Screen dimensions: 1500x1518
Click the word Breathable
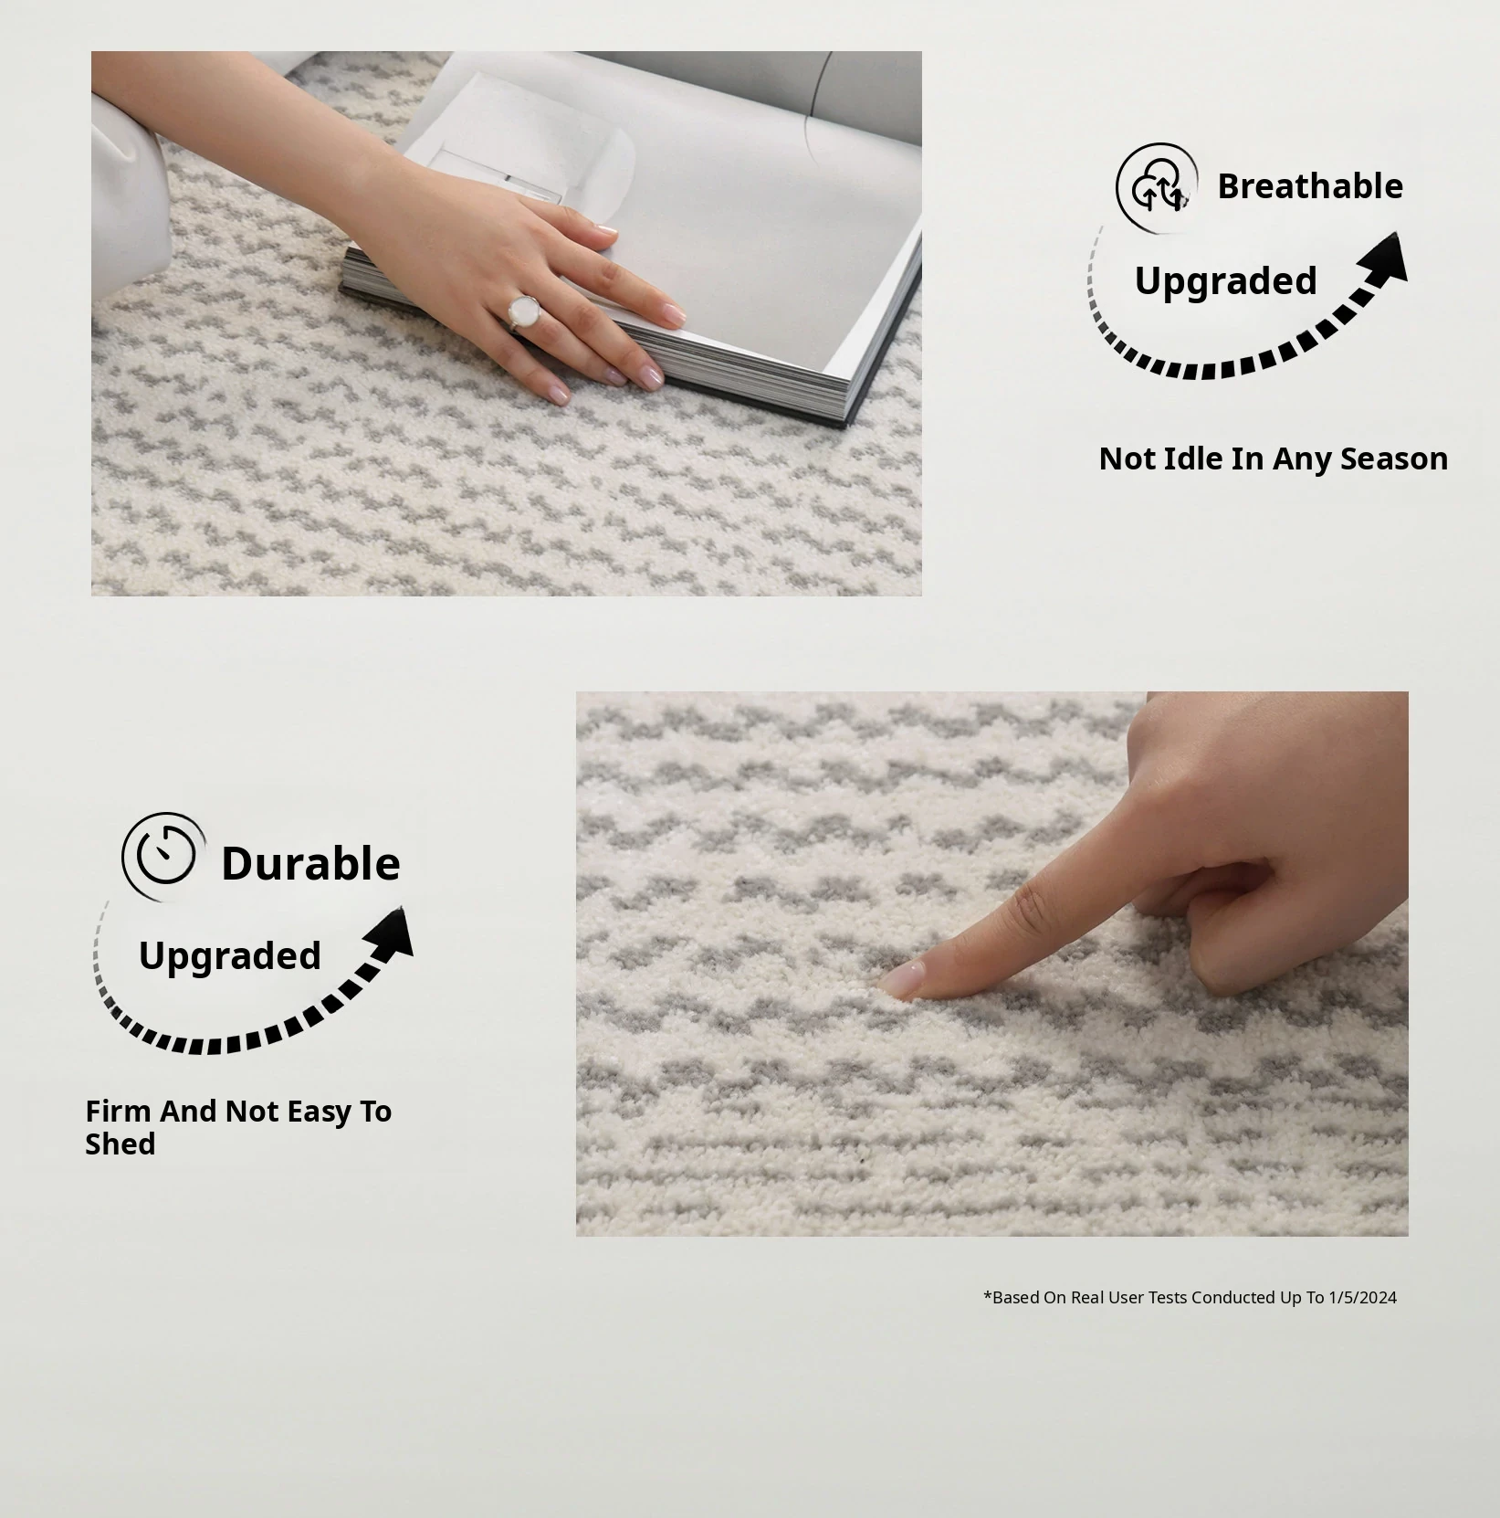(x=1310, y=186)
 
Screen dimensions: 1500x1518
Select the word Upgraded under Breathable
(x=1225, y=281)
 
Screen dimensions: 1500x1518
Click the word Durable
(x=310, y=863)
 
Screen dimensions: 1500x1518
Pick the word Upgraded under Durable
(x=230, y=956)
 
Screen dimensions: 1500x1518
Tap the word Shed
(x=121, y=1144)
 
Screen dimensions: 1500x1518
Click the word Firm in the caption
(x=118, y=1111)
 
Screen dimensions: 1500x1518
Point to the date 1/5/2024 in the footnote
(x=1362, y=1297)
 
